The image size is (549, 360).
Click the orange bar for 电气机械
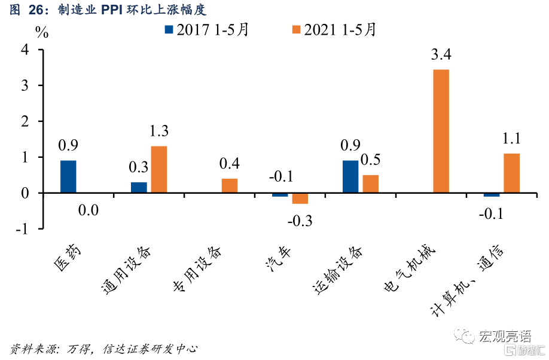click(x=441, y=131)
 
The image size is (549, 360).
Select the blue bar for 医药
click(x=68, y=176)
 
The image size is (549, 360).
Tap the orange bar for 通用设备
click(x=158, y=169)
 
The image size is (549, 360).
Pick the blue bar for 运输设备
click(x=350, y=176)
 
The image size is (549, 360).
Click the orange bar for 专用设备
click(x=229, y=185)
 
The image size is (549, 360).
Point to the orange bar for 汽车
click(x=300, y=199)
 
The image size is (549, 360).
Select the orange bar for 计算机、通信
click(x=511, y=173)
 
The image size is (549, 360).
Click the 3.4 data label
click(x=441, y=56)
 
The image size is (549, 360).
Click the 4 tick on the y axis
click(x=26, y=50)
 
